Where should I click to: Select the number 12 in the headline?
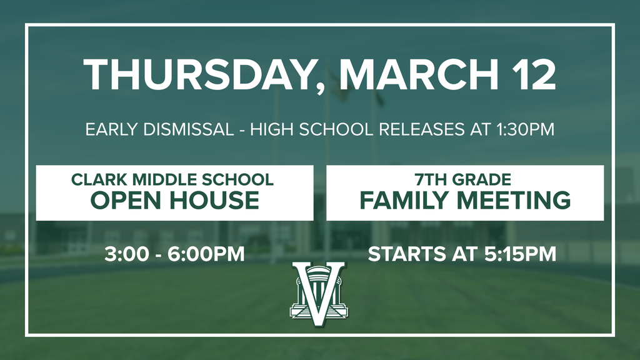(x=531, y=75)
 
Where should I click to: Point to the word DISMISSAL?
(x=187, y=130)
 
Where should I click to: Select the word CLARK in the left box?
(x=94, y=180)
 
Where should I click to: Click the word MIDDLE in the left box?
(x=154, y=180)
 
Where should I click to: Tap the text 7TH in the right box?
(x=431, y=180)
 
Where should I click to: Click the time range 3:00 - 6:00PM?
(x=174, y=255)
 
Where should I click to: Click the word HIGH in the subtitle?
(x=278, y=130)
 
